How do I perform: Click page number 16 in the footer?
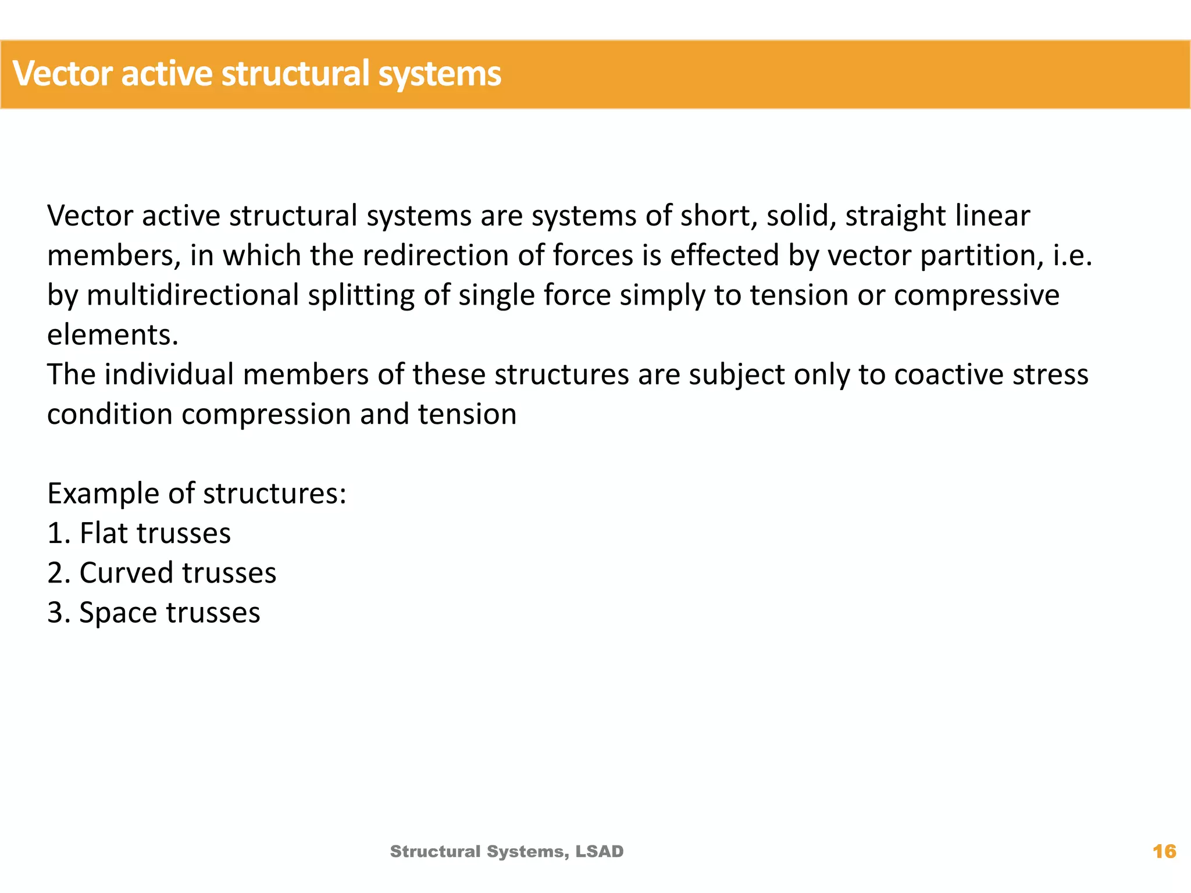pos(1164,852)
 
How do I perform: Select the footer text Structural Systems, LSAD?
pos(507,852)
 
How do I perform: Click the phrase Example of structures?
pos(197,494)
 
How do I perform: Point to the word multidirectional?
pos(192,295)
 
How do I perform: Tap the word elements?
pos(112,335)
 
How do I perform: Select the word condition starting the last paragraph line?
pos(109,414)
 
